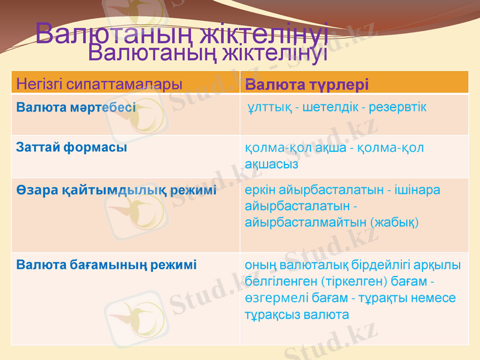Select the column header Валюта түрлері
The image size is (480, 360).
[x=307, y=83]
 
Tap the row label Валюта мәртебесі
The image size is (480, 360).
[x=76, y=108]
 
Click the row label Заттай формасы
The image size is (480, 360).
[x=71, y=147]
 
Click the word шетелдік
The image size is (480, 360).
[x=329, y=107]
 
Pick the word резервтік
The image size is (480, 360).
[x=397, y=107]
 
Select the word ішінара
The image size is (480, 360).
[x=418, y=190]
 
